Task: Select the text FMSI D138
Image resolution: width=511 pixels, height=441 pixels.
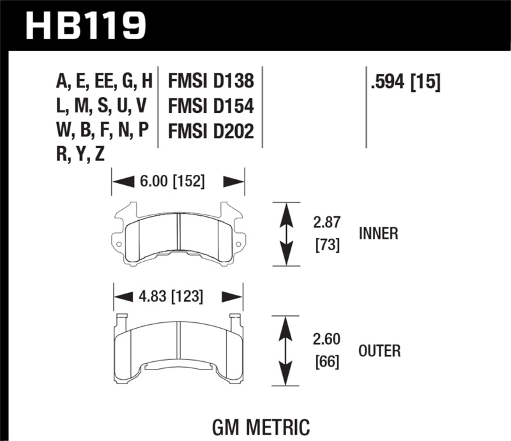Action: [211, 82]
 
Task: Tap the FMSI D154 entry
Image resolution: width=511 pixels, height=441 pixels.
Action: [211, 106]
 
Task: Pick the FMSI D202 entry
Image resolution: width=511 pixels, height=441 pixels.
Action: [211, 131]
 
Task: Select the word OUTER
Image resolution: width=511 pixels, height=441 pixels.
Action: [379, 350]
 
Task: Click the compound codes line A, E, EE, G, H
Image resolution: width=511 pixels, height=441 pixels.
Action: [105, 82]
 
